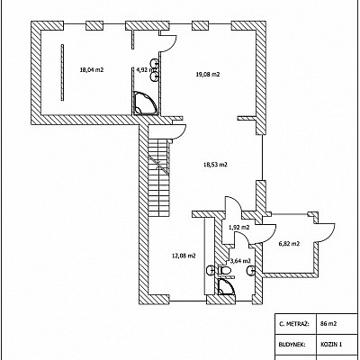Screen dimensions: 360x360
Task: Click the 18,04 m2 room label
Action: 92,70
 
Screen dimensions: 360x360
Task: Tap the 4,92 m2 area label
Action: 144,70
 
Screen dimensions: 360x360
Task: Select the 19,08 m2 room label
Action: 208,75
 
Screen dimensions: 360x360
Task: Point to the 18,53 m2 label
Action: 215,165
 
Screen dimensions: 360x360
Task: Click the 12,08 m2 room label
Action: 184,256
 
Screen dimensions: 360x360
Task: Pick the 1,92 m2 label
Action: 239,228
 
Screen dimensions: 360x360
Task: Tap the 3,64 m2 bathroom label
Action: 239,260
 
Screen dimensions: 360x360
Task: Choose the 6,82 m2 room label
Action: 289,244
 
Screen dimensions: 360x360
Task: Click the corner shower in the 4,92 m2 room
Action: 145,103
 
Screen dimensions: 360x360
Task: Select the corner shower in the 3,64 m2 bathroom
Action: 226,287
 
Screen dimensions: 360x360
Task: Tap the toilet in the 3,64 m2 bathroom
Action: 223,270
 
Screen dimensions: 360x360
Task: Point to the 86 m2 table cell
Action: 328,323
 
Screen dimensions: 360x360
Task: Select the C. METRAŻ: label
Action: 291,323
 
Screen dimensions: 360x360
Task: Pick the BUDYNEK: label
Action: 292,344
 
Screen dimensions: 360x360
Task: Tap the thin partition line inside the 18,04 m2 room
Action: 62,72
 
